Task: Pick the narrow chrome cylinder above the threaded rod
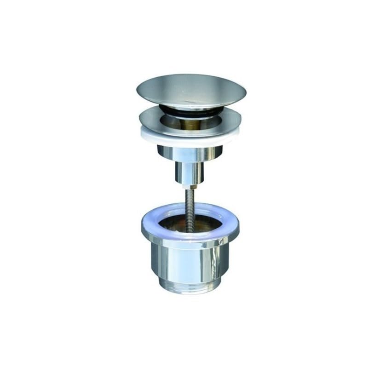(x=190, y=172)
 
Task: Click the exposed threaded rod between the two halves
(x=190, y=202)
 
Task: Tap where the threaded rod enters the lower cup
(x=190, y=220)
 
